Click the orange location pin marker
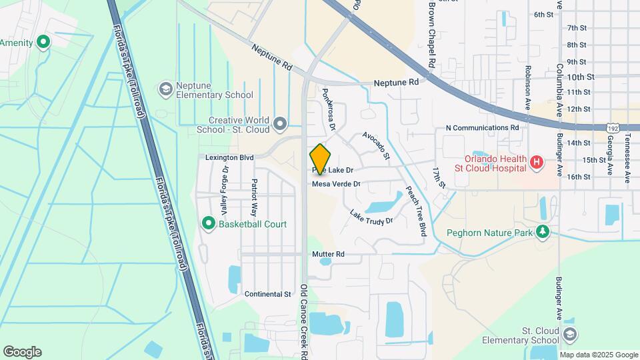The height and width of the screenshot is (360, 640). point(321,159)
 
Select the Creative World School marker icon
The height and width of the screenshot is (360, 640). point(281,123)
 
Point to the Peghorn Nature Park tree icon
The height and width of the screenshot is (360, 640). point(544,232)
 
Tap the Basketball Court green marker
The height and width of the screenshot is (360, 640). point(208,223)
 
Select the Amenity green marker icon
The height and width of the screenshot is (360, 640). point(44,43)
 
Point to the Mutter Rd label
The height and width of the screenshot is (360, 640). point(328,254)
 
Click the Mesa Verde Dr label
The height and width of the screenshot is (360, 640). point(336,183)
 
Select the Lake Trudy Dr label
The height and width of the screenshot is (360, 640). point(371,216)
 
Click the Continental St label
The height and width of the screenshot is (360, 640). point(268,293)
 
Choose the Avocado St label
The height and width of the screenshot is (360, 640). point(376,145)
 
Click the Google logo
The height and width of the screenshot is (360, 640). point(22,352)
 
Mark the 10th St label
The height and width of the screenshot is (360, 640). point(580,77)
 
